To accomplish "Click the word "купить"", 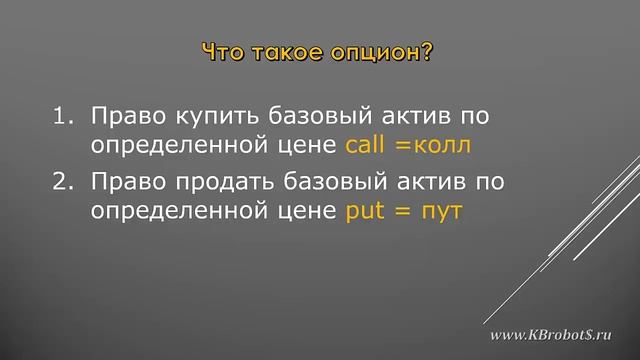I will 204,117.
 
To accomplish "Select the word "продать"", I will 214,183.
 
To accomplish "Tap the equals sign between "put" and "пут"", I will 405,212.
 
